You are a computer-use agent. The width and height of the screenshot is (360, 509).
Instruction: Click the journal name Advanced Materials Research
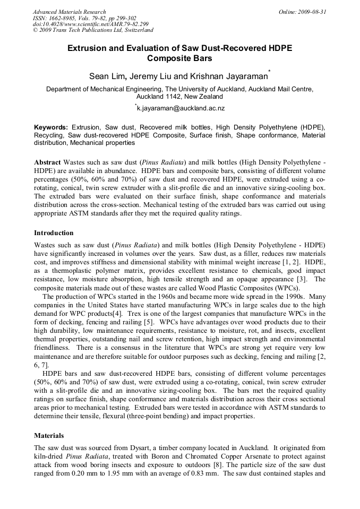pyautogui.click(x=69, y=12)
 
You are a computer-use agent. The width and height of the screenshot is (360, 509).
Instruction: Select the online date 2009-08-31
pyautogui.click(x=313, y=12)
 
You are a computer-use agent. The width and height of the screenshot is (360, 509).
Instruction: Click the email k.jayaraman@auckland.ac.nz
pyautogui.click(x=181, y=108)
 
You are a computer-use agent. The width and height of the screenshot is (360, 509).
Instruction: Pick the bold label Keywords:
pyautogui.click(x=51, y=128)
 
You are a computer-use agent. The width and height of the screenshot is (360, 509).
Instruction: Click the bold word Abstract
pyautogui.click(x=47, y=161)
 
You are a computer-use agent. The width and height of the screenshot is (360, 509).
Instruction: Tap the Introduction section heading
pyautogui.click(x=54, y=233)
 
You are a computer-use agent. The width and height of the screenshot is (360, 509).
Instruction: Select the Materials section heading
pyautogui.click(x=49, y=435)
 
